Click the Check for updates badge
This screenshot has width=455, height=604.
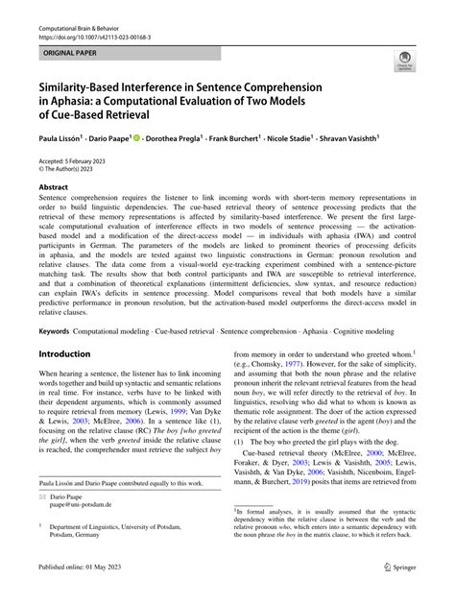click(x=403, y=61)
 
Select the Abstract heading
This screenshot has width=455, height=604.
click(x=53, y=187)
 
